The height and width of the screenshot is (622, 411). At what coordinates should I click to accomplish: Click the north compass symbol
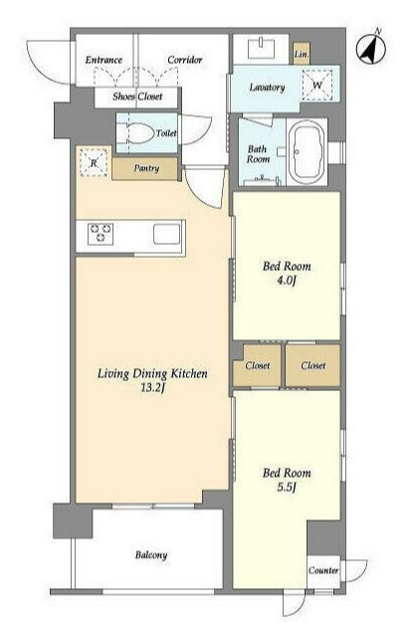pos(371,50)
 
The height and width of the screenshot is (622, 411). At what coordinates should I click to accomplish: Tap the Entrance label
pos(103,60)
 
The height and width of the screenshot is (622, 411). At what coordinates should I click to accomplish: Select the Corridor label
pos(185,60)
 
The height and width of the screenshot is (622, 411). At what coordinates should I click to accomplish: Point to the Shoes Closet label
pos(137,97)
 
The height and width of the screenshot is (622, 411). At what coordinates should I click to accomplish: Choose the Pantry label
pos(146,168)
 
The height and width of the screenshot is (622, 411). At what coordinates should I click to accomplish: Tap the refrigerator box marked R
pos(94,162)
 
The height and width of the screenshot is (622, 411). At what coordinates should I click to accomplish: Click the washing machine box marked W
pos(317,85)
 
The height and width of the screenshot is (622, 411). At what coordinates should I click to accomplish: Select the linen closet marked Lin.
pos(302,54)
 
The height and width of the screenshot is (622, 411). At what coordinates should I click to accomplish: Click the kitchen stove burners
pos(101,234)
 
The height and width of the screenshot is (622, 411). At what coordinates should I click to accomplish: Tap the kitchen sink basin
pos(167,234)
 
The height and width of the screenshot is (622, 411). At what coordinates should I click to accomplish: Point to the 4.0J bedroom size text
pos(287,281)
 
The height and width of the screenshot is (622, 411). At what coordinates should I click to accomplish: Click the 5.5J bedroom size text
pos(287,487)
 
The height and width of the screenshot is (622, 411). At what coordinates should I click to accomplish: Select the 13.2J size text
pos(152,387)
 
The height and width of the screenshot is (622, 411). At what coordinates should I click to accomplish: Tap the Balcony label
pos(151,555)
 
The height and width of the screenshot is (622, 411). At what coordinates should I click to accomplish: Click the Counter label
pos(323,570)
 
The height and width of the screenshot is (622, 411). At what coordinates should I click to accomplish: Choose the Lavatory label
pos(267,88)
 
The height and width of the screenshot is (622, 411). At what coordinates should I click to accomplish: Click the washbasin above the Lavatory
pos(261,49)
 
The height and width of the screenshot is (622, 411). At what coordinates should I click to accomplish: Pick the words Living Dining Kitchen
pos(152,373)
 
